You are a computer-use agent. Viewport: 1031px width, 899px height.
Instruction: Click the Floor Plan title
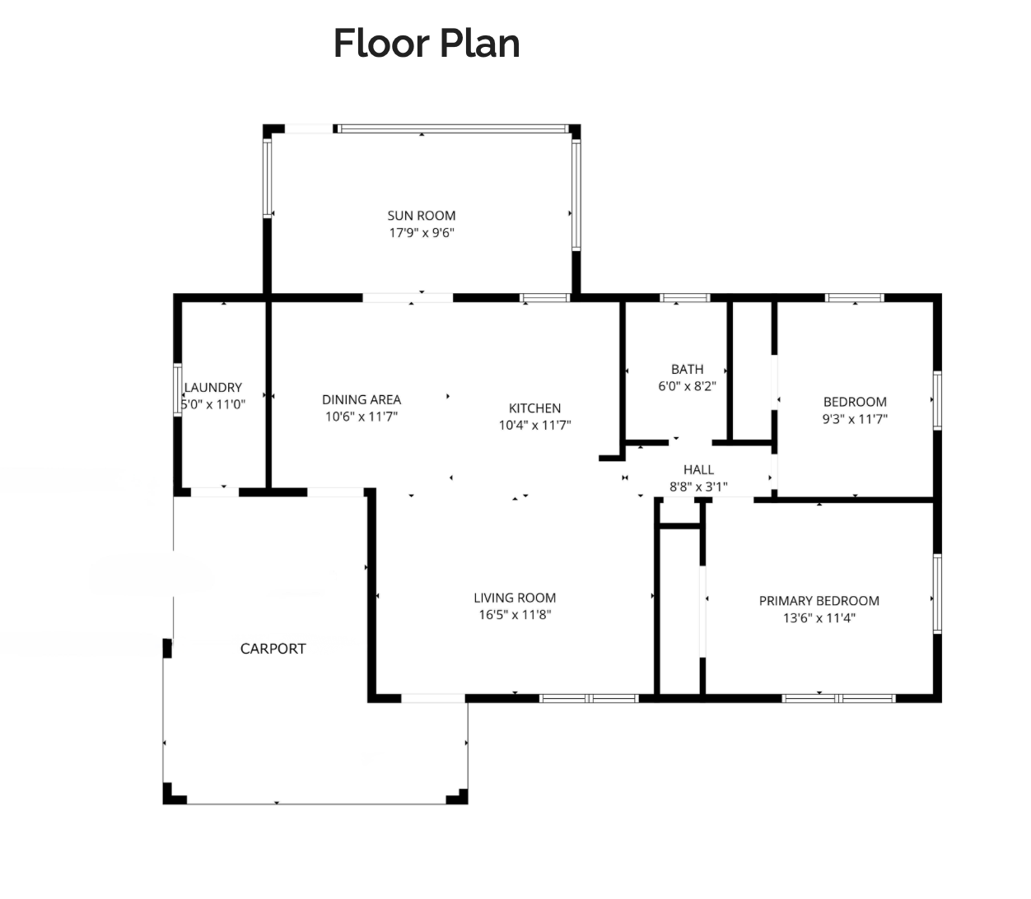[x=427, y=44]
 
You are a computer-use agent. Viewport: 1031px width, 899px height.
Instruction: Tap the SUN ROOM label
[x=422, y=216]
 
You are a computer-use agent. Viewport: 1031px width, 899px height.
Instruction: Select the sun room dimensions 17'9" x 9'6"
[x=422, y=233]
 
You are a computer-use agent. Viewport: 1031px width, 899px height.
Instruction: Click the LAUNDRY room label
[x=213, y=387]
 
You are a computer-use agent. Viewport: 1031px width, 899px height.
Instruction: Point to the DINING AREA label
[x=362, y=399]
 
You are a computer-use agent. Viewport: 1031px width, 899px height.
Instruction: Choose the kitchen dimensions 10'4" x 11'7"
[x=534, y=425]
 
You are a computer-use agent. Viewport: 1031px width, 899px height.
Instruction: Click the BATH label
[x=688, y=369]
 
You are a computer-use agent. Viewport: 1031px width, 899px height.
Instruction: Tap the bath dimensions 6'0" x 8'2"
[x=688, y=386]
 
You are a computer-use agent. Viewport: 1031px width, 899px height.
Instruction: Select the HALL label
[x=698, y=469]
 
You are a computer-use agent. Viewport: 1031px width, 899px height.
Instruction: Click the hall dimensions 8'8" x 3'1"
[x=698, y=487]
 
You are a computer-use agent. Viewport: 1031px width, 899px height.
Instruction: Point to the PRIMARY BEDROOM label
[x=819, y=601]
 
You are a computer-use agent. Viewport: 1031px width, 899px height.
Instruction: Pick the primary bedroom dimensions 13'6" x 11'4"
[x=819, y=618]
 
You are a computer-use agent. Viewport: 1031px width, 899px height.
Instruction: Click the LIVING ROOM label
[x=515, y=598]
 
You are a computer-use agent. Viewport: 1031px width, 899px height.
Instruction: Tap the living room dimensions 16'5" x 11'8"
[x=515, y=615]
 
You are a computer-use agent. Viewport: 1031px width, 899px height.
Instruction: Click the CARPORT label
[x=273, y=649]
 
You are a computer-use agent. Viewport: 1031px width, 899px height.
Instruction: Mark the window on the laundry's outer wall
[x=177, y=390]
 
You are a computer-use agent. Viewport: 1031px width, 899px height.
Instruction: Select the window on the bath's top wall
[x=685, y=298]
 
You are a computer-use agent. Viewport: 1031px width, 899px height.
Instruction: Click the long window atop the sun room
[x=453, y=129]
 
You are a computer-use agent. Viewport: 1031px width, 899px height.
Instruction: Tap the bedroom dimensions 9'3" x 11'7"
[x=855, y=419]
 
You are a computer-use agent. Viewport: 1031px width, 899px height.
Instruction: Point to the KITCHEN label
[x=534, y=408]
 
